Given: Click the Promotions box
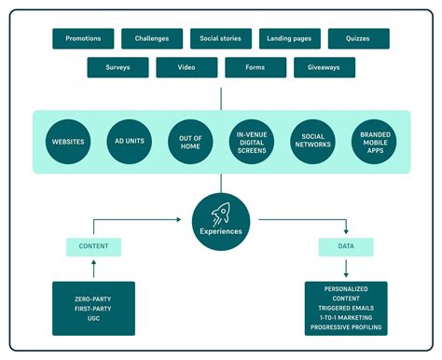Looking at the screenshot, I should coord(83,38).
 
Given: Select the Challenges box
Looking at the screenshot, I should coord(152,38).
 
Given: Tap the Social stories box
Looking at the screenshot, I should coord(221,38).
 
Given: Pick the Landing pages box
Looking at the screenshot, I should coord(290,38).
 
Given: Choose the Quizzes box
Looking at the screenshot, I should coord(359,38).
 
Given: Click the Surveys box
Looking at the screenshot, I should coord(117,67).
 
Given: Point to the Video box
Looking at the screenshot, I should coord(186,67).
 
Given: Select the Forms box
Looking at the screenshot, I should coord(256,67).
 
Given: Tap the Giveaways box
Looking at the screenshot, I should coord(325,67).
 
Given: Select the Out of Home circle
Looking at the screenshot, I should coord(190,141).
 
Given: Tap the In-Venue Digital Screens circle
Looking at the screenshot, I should coord(251,141).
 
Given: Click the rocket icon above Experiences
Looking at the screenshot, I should coord(221,213).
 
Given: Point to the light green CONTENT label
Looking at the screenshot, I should coord(93,247).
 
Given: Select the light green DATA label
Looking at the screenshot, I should coord(345,247).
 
